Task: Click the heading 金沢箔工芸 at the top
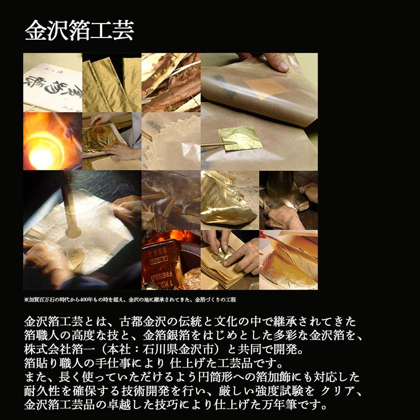(x=79, y=31)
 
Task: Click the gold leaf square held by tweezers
(x=240, y=138)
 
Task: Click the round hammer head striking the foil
(x=73, y=232)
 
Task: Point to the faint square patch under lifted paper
(x=267, y=87)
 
